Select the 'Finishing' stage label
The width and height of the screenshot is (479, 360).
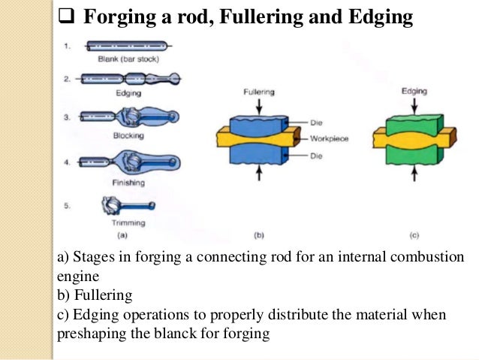(x=128, y=183)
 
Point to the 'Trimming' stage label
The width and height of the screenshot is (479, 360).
(x=128, y=223)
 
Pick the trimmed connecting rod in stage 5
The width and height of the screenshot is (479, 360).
(x=128, y=204)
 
